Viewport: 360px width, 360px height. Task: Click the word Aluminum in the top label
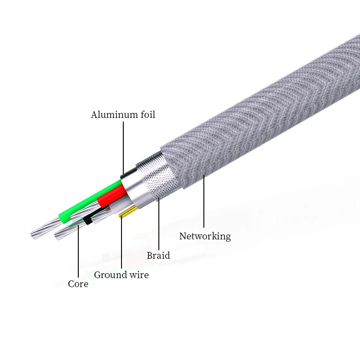click(x=112, y=115)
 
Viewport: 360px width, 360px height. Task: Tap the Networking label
click(x=205, y=236)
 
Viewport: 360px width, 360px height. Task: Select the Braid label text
click(x=158, y=256)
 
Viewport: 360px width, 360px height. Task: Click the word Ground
click(x=110, y=275)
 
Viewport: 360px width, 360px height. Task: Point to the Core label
click(x=78, y=284)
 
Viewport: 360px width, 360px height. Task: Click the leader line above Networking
click(x=203, y=202)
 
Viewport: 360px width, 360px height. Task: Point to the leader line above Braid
click(x=158, y=225)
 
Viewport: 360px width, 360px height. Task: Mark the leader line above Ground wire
click(x=121, y=243)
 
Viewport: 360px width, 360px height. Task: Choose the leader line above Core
click(x=78, y=252)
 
